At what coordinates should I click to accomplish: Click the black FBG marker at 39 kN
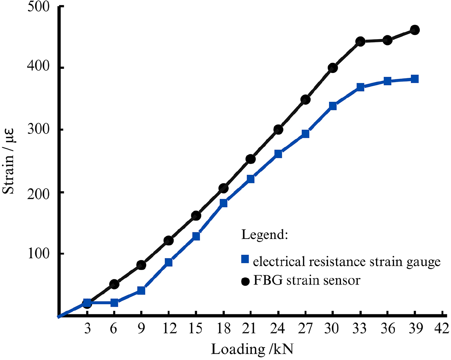click(x=415, y=30)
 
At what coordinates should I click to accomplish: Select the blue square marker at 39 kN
click(x=415, y=79)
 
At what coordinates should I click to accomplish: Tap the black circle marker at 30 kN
click(x=333, y=68)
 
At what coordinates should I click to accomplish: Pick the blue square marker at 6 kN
click(x=114, y=303)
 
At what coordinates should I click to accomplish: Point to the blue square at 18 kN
click(x=223, y=203)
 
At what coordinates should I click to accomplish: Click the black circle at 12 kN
click(x=169, y=240)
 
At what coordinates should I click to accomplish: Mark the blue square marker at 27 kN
click(x=305, y=134)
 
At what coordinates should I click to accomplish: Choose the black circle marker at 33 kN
click(x=360, y=42)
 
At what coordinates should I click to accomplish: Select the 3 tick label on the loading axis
click(x=87, y=328)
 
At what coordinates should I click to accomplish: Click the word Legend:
click(x=265, y=234)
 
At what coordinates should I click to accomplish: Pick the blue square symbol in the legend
click(x=245, y=259)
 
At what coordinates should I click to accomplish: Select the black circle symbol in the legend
click(x=245, y=281)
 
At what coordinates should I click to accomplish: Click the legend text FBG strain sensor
click(x=307, y=280)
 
